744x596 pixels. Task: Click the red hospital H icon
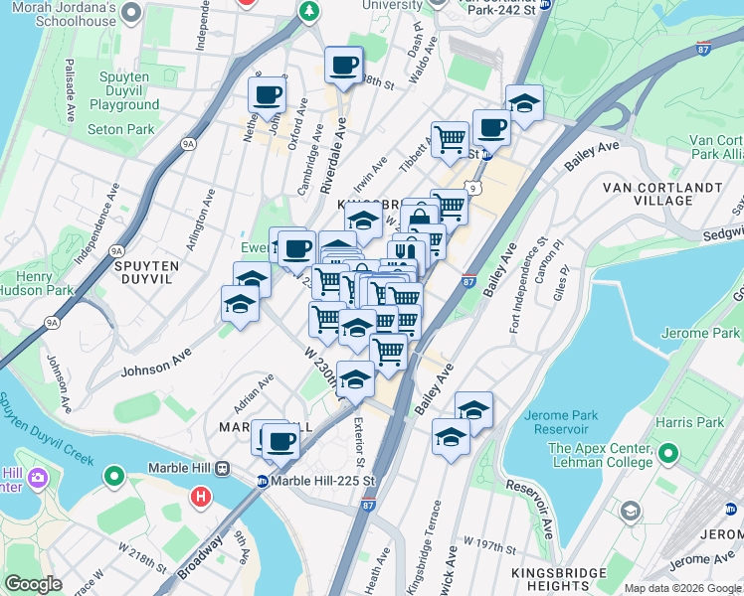coord(202,495)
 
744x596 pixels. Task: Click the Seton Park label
coord(120,129)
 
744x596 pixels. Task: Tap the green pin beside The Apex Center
coord(667,455)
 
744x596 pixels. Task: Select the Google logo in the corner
coord(34,584)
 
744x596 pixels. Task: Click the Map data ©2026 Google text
coord(682,588)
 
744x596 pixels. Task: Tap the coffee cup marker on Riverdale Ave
coord(343,66)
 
